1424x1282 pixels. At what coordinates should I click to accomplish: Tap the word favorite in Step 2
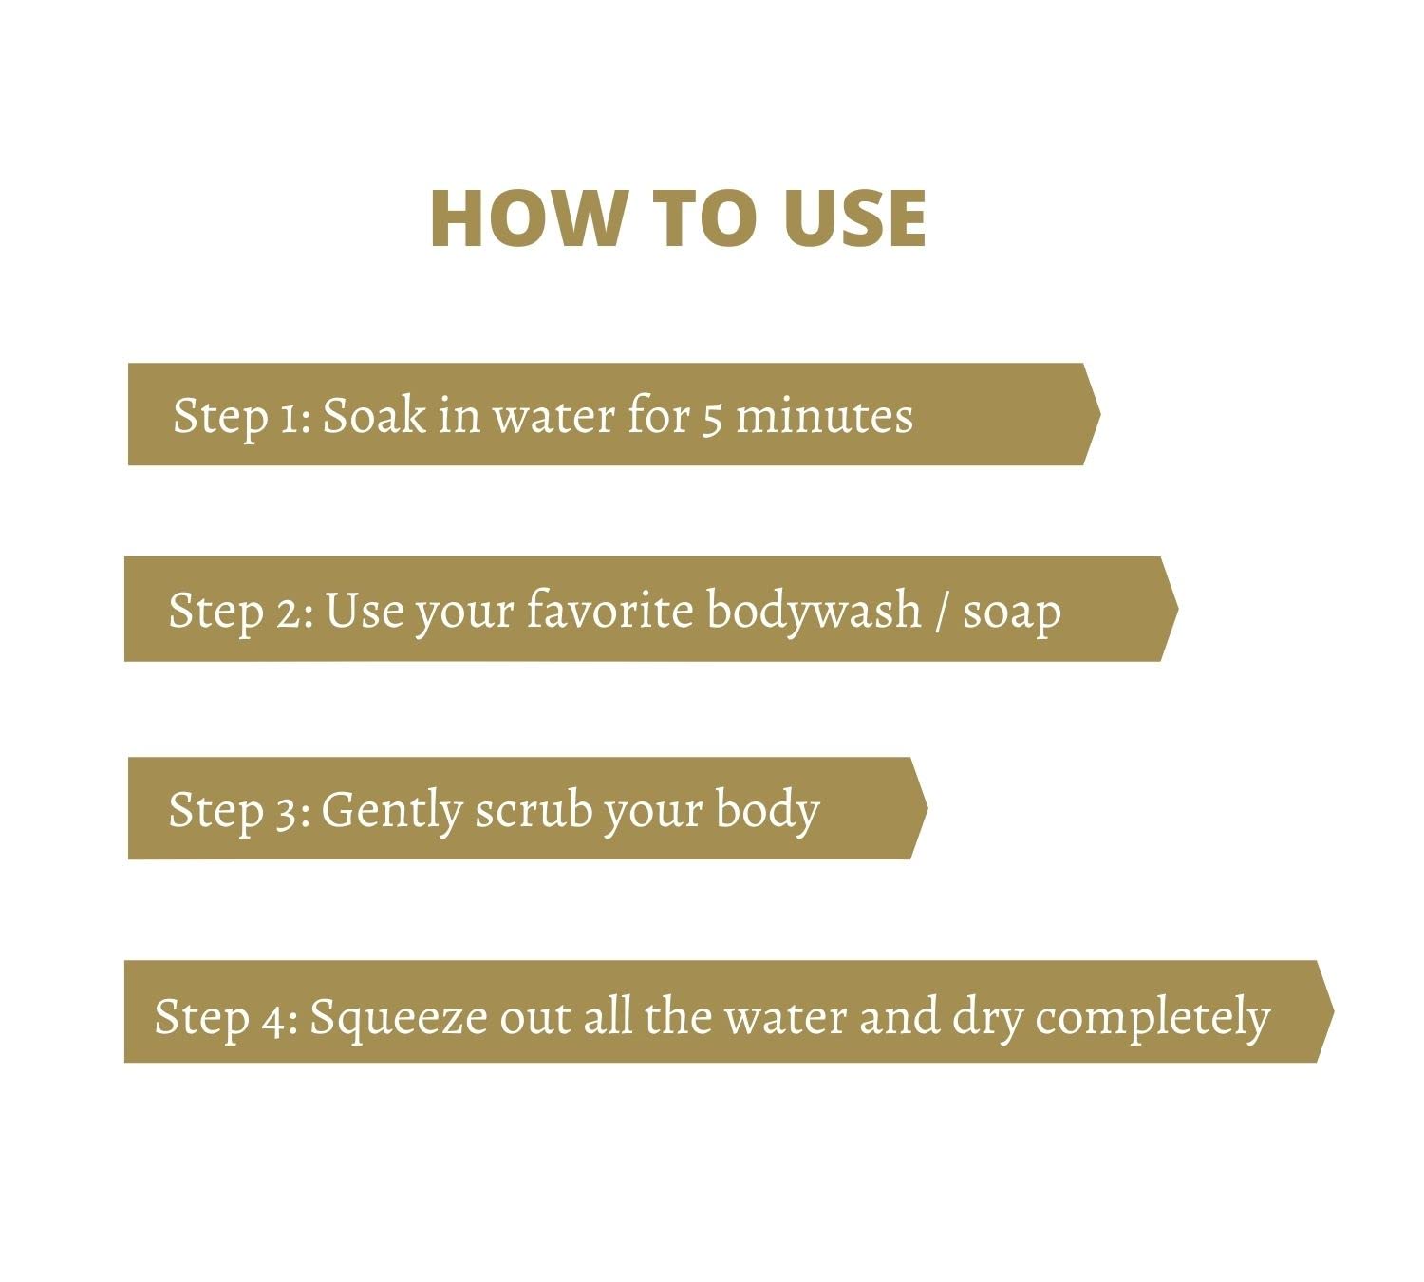(x=609, y=610)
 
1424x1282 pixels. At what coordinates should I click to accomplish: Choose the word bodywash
(x=814, y=612)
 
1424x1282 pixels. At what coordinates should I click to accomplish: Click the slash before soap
(x=942, y=613)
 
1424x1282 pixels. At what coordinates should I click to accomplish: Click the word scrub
(x=534, y=810)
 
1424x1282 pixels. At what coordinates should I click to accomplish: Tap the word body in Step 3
(x=767, y=812)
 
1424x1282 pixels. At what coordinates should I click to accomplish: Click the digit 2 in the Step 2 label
(x=289, y=613)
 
